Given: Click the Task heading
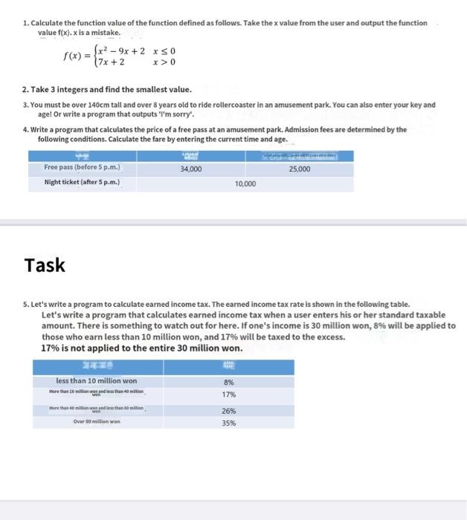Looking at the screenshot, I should [45, 265].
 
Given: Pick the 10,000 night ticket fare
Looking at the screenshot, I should [245, 182].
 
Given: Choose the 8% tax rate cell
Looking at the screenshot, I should [228, 382].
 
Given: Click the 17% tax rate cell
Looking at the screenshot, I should [228, 394].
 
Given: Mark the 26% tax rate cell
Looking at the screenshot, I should [228, 411].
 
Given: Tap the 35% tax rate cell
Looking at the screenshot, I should [228, 423].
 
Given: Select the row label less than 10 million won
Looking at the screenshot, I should [97, 381].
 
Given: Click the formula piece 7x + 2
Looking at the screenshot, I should [109, 63].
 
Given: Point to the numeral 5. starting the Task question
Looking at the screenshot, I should [27, 305].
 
